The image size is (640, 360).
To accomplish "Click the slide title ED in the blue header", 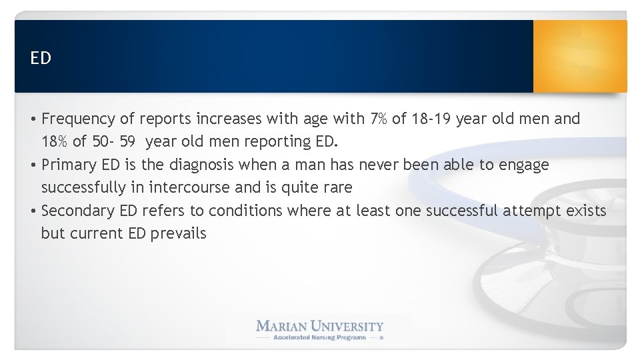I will point(41,58).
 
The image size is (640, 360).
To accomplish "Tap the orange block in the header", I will point(579,56).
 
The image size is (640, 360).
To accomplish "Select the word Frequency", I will point(78,119).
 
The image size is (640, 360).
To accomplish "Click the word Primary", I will point(69,165).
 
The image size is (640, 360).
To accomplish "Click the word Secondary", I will point(78,211).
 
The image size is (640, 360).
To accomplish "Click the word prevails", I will point(178,233).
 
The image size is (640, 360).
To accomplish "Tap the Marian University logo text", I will point(320,326).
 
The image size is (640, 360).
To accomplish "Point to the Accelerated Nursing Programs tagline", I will point(320,337).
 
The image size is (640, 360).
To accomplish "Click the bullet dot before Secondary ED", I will point(33,211).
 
